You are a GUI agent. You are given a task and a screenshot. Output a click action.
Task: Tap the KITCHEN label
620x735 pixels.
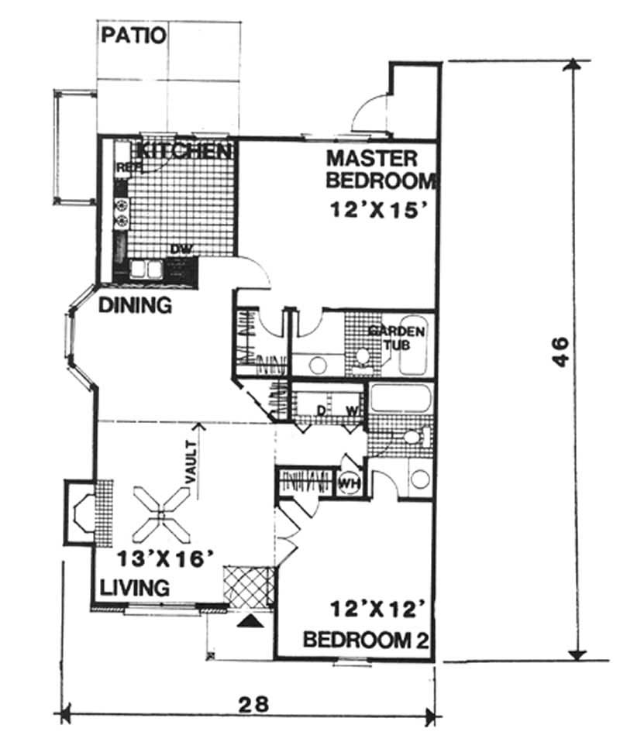click(185, 150)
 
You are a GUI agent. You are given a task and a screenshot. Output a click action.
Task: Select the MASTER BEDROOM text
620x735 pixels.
click(380, 170)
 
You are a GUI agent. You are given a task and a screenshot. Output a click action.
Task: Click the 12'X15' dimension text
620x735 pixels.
click(377, 209)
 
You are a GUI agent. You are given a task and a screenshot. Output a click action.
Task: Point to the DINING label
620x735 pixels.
click(135, 305)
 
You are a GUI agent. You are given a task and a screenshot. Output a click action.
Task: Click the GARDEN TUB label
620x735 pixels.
click(396, 337)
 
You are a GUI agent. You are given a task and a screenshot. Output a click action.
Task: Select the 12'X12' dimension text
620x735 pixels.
click(377, 610)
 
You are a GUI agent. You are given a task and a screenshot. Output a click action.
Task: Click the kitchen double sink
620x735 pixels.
click(146, 269)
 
